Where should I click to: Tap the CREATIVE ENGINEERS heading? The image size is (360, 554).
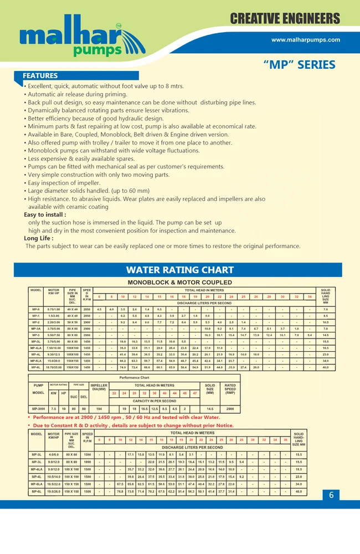285,19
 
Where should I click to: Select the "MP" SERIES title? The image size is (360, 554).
299,65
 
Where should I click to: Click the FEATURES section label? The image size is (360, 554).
40,76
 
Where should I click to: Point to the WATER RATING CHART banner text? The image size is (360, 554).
180,270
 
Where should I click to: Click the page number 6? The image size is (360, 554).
331,495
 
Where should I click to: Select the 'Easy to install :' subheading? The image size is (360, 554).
45,214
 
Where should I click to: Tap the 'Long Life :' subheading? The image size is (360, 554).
40,238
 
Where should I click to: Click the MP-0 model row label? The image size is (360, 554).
36,309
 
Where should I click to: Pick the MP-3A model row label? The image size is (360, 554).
36,329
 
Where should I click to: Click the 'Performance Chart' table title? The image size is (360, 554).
135,378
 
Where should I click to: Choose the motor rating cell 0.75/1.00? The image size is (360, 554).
54,309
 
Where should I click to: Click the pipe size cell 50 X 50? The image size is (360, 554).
72,322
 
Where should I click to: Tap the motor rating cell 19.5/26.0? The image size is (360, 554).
54,491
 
